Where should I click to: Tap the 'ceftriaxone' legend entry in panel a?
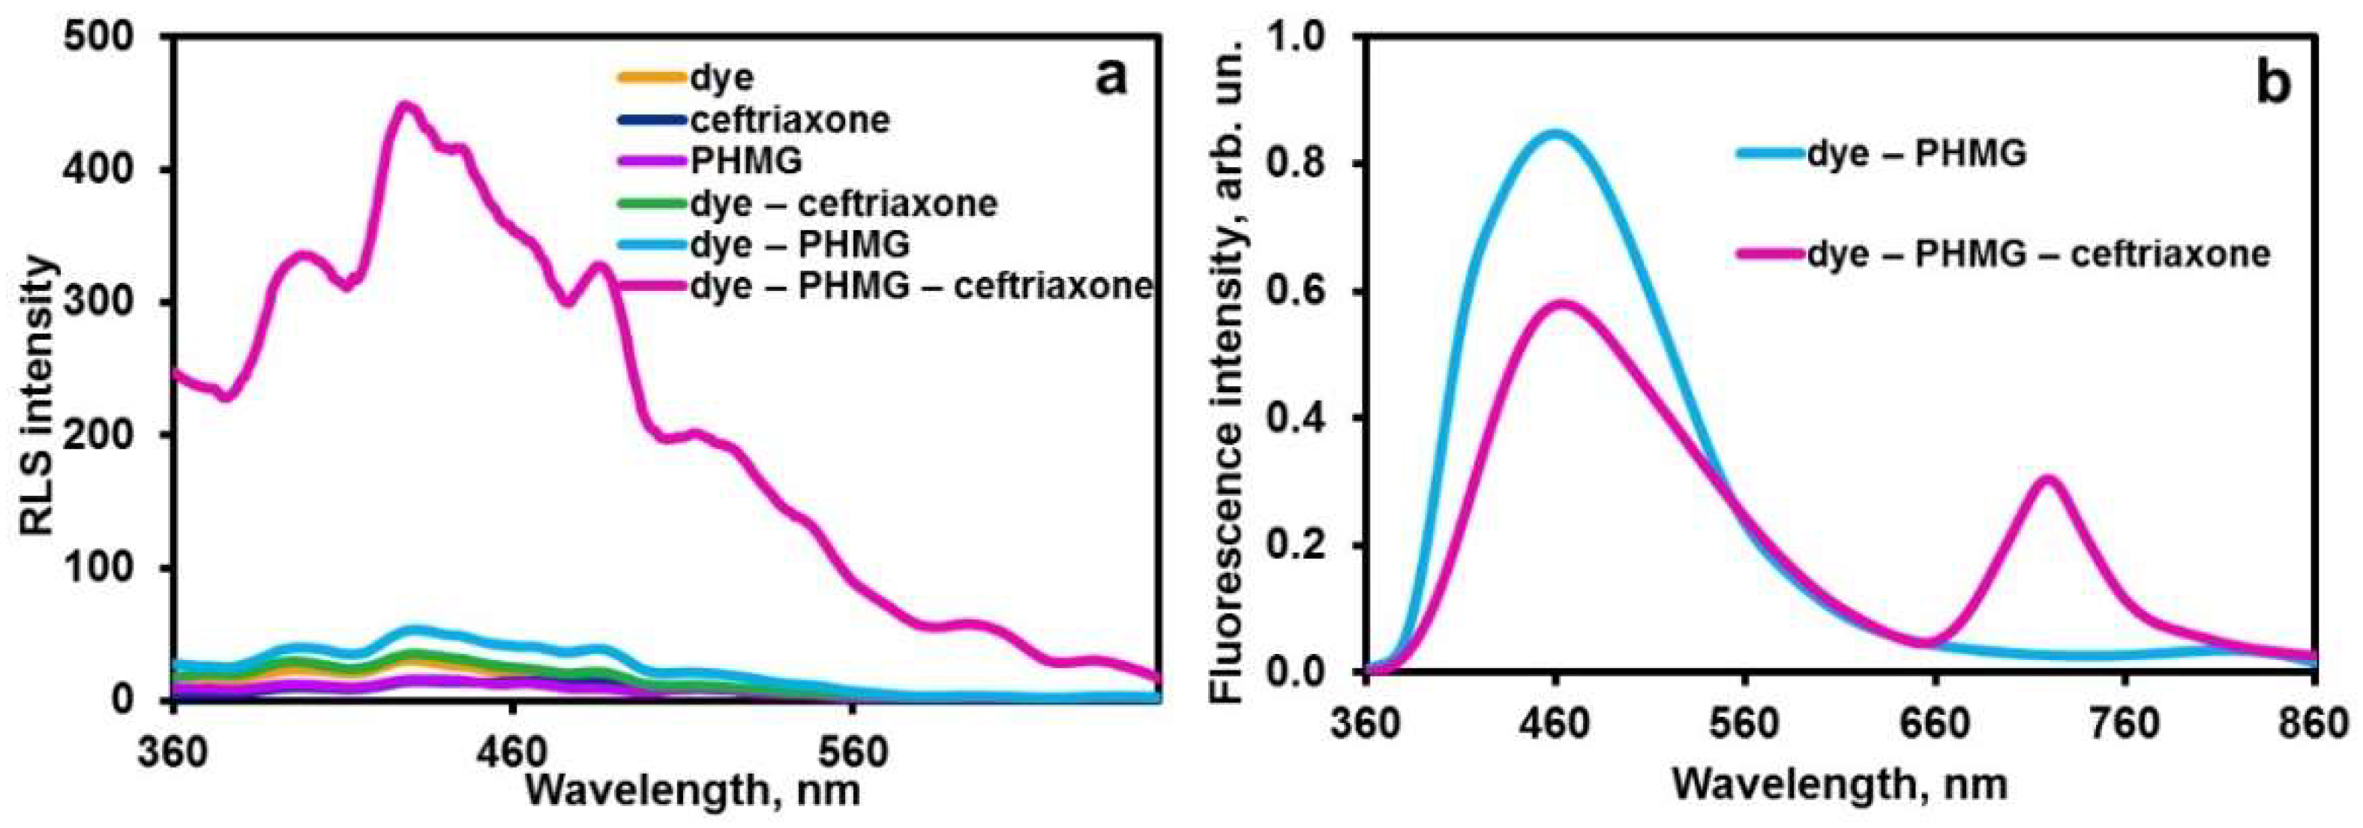coord(790,119)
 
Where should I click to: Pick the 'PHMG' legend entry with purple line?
coord(745,160)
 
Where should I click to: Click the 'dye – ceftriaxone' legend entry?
coord(843,202)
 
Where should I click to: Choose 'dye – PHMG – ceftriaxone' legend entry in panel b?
coord(2038,254)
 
